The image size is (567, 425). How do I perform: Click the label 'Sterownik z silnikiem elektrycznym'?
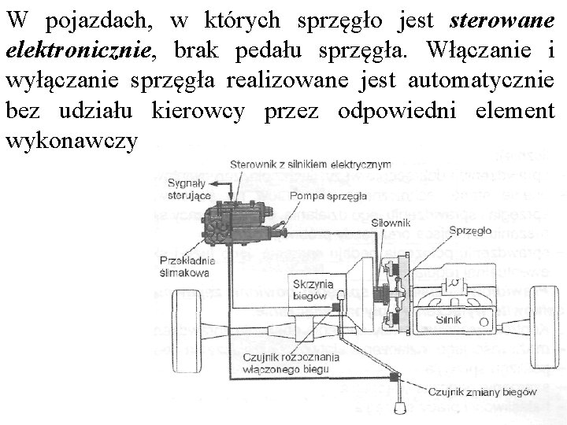tap(310, 164)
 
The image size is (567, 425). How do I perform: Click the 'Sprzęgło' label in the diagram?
tap(471, 231)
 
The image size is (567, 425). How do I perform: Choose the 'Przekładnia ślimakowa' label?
tap(184, 267)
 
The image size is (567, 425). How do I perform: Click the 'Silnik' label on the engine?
tap(448, 320)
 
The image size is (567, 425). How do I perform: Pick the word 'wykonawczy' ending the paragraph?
tap(71, 142)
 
